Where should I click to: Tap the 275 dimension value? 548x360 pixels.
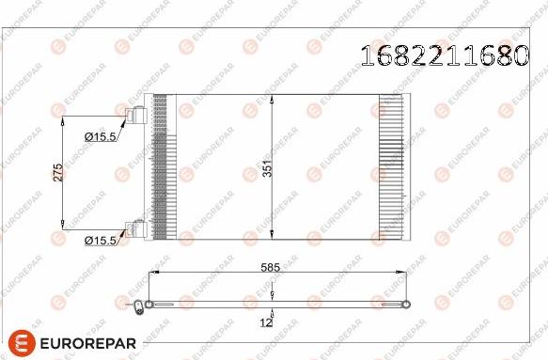[56, 172]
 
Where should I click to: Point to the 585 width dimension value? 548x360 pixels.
[273, 267]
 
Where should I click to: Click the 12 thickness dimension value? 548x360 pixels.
[266, 322]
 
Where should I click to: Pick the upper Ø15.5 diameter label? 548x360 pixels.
[100, 137]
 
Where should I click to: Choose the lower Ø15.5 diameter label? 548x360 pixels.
[100, 241]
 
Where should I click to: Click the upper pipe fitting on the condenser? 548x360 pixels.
[136, 117]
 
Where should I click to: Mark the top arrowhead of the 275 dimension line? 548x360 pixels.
[63, 119]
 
